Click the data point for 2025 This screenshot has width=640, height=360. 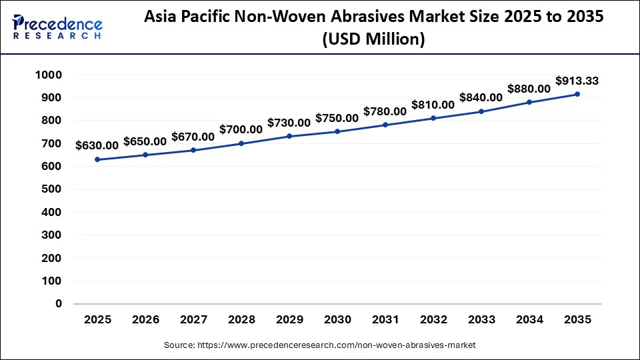[x=97, y=159]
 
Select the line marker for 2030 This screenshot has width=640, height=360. [x=337, y=131]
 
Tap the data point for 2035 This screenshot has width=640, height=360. [x=577, y=94]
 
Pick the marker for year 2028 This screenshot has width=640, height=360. [x=241, y=143]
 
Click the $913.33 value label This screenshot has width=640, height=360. [x=577, y=81]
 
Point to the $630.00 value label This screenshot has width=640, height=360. [x=97, y=145]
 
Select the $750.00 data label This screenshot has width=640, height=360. [x=337, y=117]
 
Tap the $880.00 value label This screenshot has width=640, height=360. [x=529, y=88]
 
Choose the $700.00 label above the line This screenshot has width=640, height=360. [x=241, y=129]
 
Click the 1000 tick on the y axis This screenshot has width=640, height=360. [x=49, y=75]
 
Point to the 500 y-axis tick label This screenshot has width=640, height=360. [x=53, y=189]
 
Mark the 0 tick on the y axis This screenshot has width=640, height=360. [x=59, y=303]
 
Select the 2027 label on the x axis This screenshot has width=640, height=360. [x=193, y=319]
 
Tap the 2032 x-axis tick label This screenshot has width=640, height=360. [x=433, y=319]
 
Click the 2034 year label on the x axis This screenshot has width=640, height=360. [x=529, y=319]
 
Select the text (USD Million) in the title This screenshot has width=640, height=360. [x=373, y=40]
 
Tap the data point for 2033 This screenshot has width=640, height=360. [x=481, y=111]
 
